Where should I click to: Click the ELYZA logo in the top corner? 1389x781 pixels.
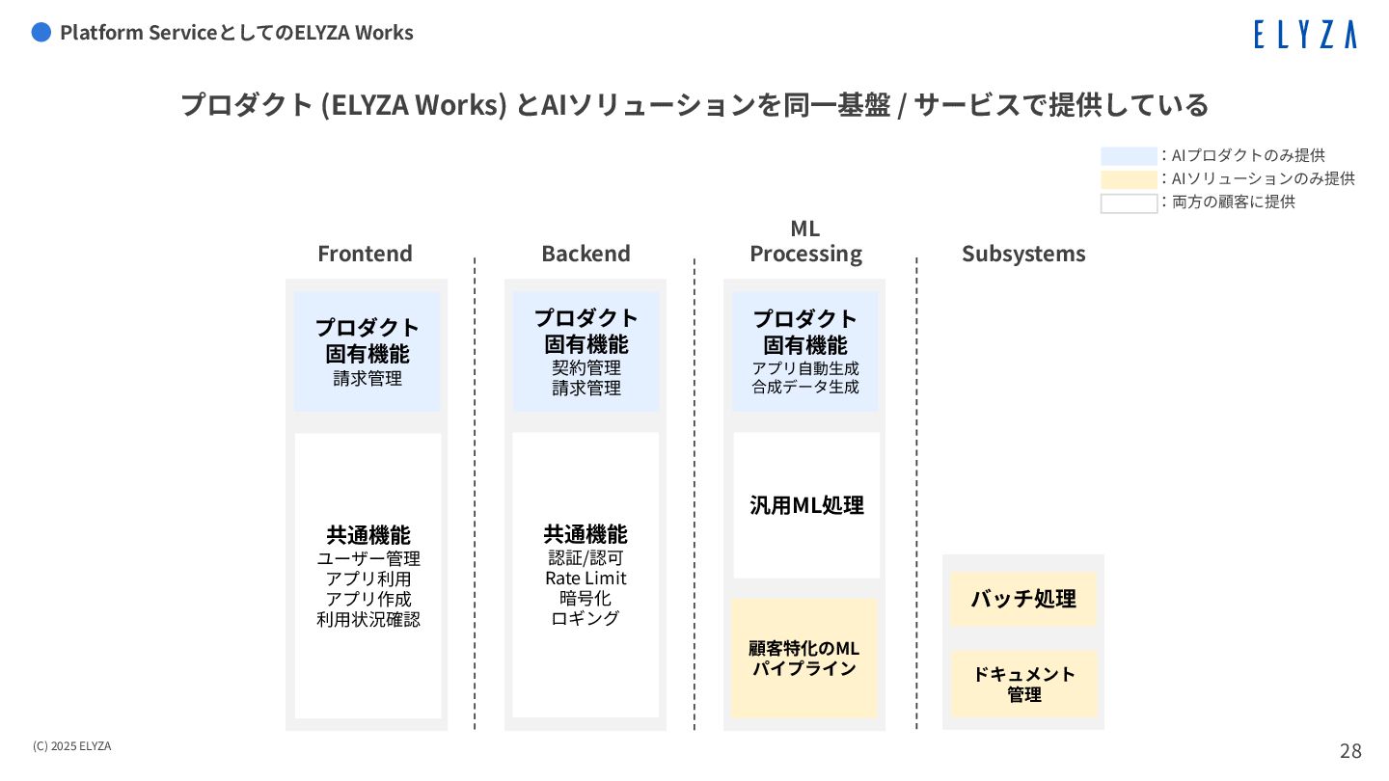coord(1304,35)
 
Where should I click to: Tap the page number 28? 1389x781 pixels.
coord(1350,751)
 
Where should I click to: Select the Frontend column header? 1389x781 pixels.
coord(365,254)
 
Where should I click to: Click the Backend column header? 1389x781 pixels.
coord(586,254)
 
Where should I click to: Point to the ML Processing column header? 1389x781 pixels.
coord(805,242)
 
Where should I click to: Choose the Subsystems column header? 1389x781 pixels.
coord(1023,254)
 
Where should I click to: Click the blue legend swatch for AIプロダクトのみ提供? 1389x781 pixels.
coord(1129,156)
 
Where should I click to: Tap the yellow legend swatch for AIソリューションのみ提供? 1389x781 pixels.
coord(1129,179)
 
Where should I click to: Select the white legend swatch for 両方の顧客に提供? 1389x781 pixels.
coord(1129,203)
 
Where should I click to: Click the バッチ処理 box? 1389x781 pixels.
coord(1023,599)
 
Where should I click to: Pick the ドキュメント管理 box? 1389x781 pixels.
coord(1023,684)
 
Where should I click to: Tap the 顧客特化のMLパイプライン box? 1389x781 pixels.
coord(804,658)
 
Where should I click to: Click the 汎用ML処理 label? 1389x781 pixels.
coord(806,505)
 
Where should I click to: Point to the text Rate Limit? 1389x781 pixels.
coord(586,579)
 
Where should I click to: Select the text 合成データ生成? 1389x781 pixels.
coord(805,388)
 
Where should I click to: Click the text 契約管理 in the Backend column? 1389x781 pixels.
coord(586,368)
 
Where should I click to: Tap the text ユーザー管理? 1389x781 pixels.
coord(368,558)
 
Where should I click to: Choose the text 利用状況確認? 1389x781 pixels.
coord(368,619)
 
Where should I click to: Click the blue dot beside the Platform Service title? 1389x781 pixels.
coord(41,33)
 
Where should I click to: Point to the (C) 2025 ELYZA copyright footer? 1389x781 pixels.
coord(71,746)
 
